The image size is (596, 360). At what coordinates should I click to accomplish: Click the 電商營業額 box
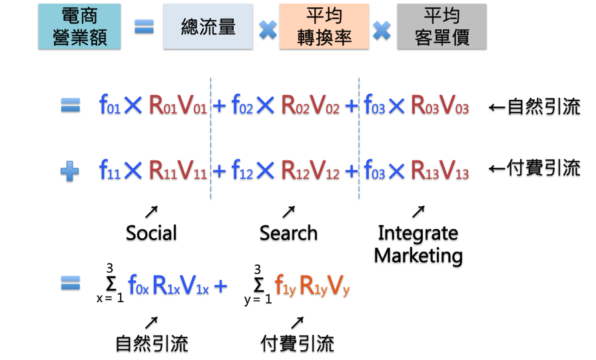(79, 26)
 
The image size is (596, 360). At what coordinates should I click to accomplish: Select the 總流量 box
(208, 26)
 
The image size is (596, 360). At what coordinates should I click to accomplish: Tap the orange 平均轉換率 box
(324, 26)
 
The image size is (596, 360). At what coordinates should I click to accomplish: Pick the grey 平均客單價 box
(442, 26)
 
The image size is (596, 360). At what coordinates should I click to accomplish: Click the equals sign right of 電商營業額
(144, 27)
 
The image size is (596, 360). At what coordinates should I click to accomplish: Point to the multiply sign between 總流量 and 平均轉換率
(268, 29)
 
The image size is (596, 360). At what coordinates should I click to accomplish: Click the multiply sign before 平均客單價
(382, 29)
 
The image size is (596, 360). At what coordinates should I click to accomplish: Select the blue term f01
(109, 105)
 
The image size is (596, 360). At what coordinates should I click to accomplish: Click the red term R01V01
(178, 105)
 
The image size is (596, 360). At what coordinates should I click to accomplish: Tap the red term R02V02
(310, 105)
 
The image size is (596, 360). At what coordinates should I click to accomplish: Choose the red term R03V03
(440, 105)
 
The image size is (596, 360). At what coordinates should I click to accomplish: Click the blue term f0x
(138, 285)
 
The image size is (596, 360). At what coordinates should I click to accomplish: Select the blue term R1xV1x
(180, 285)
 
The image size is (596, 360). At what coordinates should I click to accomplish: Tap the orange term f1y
(285, 285)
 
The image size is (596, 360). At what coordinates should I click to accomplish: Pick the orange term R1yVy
(324, 285)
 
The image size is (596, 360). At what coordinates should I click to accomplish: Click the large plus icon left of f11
(70, 171)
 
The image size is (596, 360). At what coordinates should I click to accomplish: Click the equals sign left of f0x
(71, 283)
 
